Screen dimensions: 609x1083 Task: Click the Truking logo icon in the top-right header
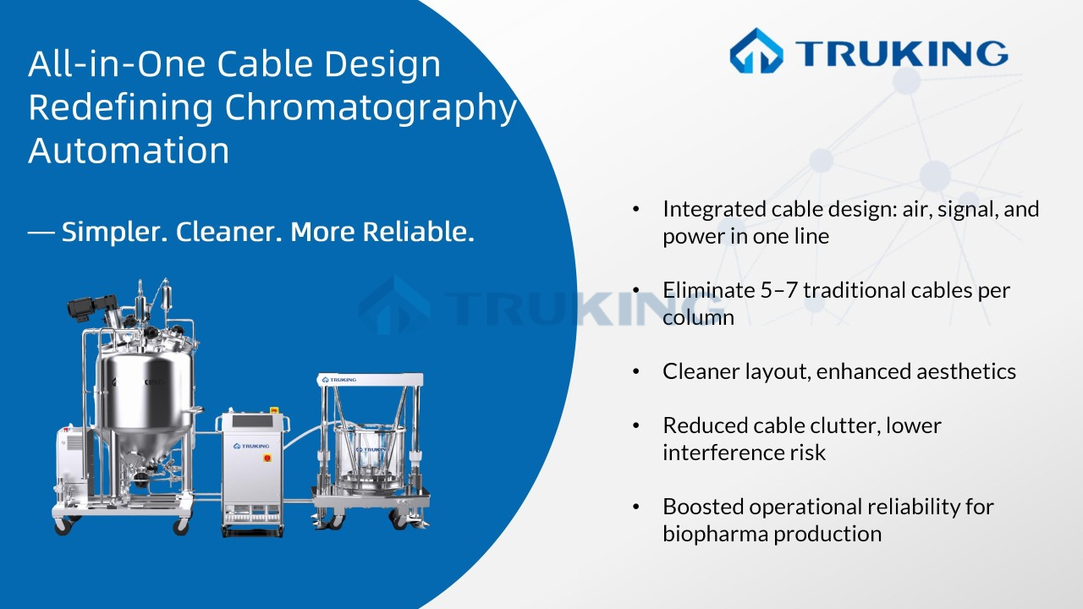coord(756,51)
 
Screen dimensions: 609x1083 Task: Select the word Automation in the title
coord(129,151)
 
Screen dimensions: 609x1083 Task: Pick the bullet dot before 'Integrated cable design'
coord(636,209)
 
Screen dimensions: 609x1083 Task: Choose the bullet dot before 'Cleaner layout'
coord(636,371)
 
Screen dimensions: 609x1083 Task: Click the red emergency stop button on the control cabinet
coord(268,458)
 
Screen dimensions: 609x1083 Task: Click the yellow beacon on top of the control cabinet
coord(274,409)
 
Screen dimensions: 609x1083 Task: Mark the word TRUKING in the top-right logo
coord(901,52)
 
